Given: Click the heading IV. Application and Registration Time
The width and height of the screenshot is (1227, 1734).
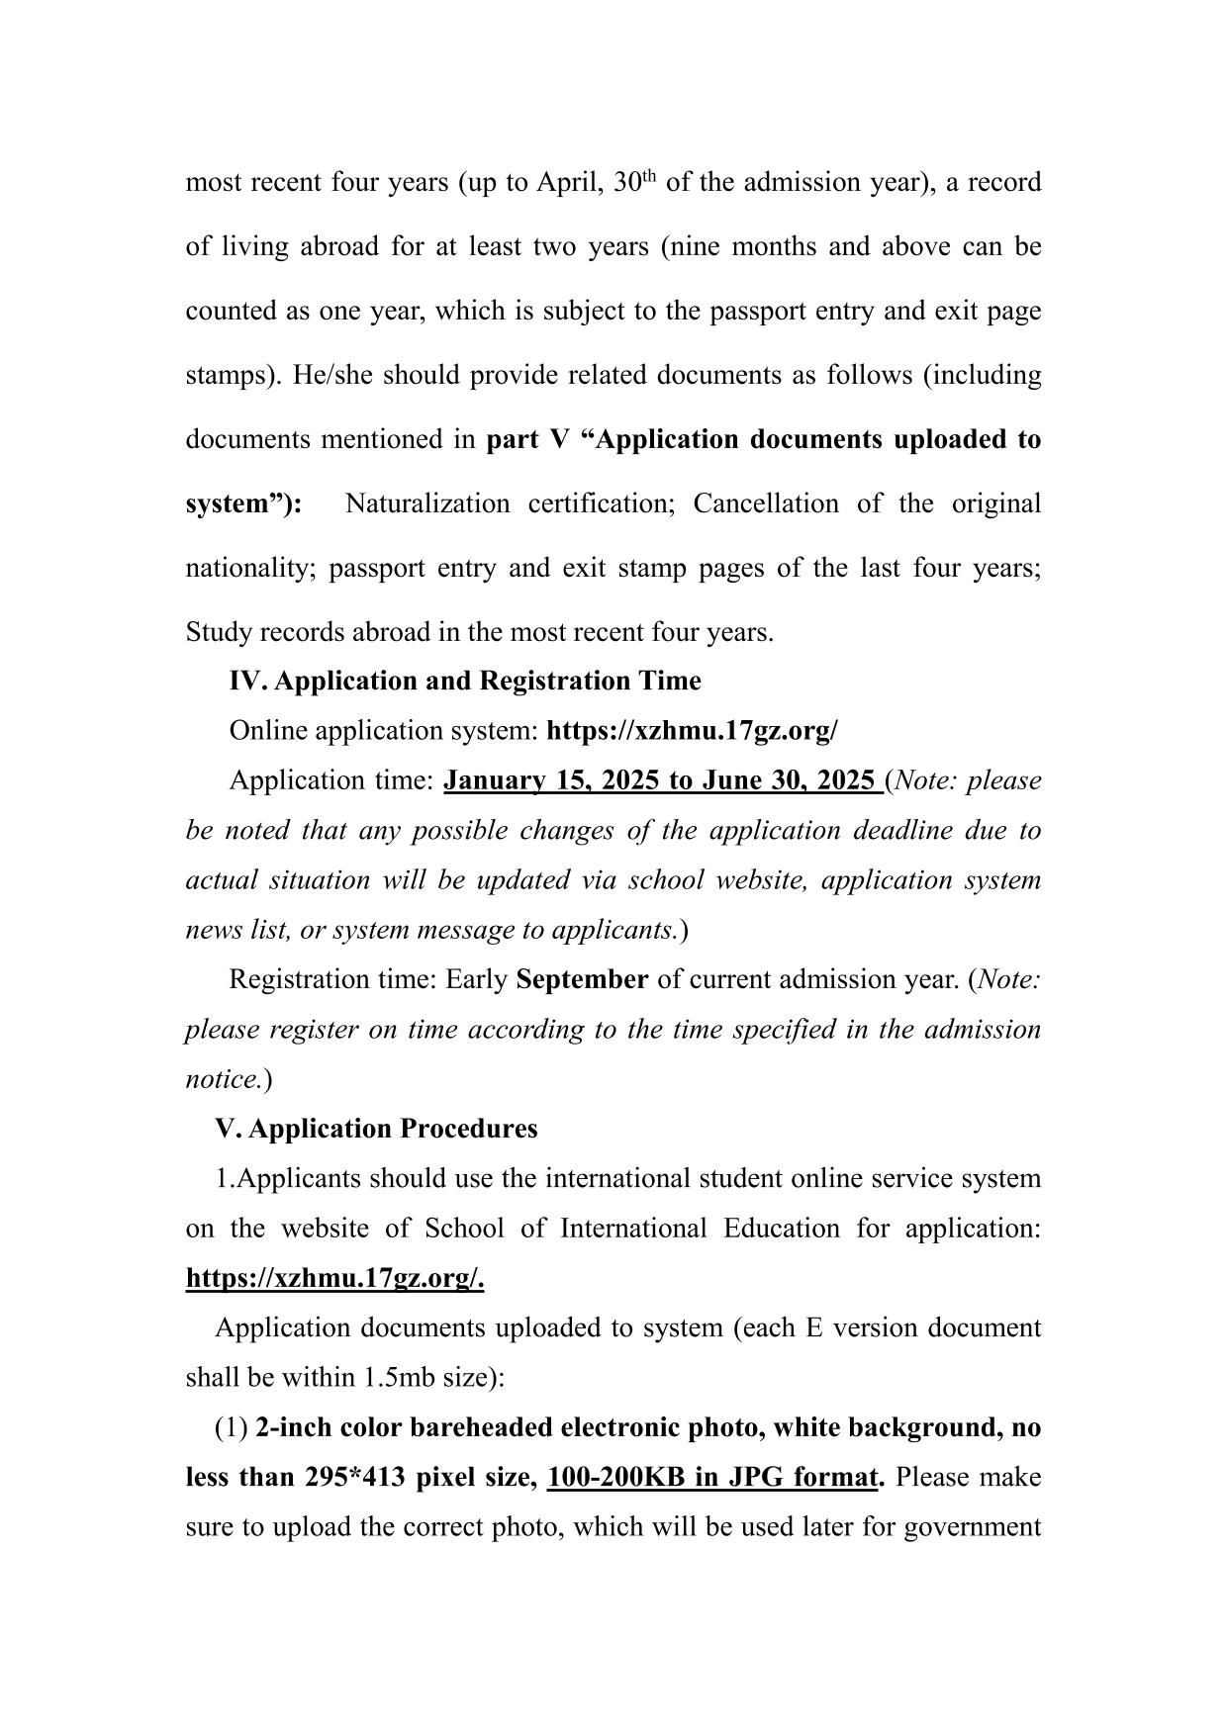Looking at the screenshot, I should click(x=464, y=681).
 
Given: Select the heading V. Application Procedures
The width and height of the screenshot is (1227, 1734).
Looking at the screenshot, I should click(x=376, y=1129).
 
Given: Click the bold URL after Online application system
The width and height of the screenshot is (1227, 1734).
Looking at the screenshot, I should click(x=692, y=731).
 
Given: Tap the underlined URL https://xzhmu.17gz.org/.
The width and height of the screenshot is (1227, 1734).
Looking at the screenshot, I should click(x=334, y=1278).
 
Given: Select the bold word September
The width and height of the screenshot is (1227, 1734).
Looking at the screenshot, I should click(x=582, y=979).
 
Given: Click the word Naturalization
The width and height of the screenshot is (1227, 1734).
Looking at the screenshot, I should click(x=426, y=503).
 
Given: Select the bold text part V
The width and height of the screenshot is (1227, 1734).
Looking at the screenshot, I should click(x=527, y=439).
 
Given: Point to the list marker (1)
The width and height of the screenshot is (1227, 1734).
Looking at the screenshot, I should click(x=232, y=1427).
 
